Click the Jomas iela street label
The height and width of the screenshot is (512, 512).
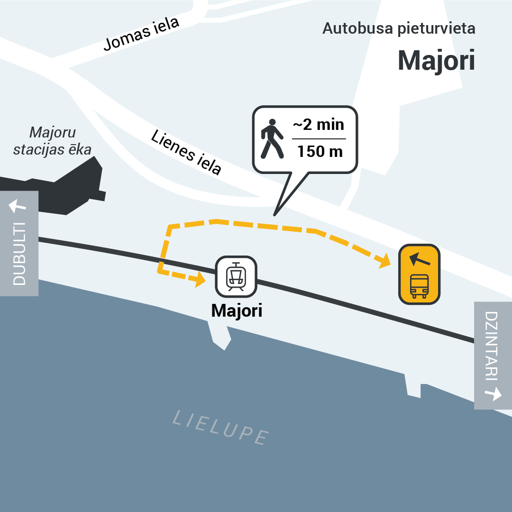[141, 34]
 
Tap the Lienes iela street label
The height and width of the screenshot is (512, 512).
[186, 152]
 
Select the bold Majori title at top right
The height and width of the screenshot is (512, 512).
[436, 60]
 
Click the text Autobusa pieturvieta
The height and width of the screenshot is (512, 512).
[399, 28]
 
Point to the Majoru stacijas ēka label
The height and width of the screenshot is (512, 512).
[52, 141]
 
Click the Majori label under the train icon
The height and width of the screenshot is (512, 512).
[237, 311]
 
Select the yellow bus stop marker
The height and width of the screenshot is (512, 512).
[419, 274]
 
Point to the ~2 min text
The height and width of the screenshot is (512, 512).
[319, 125]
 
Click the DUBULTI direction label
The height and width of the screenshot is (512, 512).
[19, 254]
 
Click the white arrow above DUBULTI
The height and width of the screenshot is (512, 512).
[18, 206]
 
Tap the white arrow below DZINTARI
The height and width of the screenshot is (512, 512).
[493, 393]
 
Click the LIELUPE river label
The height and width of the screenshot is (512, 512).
[220, 427]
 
